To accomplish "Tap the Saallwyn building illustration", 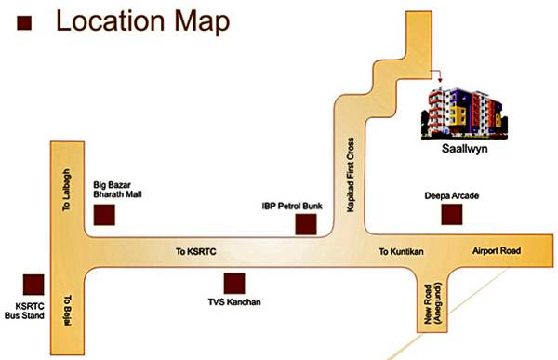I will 465,112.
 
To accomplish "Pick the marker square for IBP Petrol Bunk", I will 306,224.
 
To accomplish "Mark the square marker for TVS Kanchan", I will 235,283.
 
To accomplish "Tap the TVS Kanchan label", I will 235,303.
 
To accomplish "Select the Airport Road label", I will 498,252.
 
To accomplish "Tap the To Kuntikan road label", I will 402,252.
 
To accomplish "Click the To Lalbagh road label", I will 67,192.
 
